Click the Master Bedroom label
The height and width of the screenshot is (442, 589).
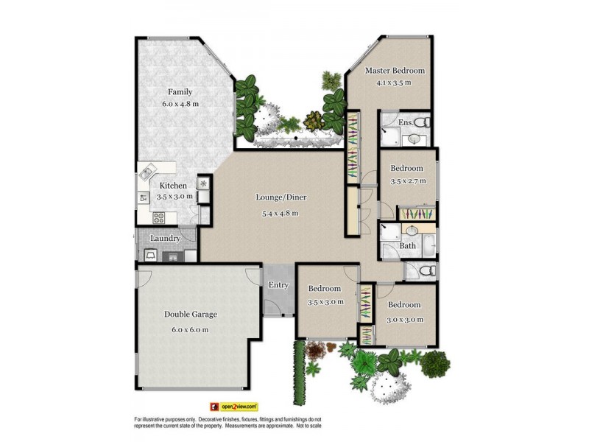coord(395,71)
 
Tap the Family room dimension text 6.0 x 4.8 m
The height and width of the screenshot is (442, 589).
coord(180,104)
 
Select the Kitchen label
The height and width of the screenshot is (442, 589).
coord(174,186)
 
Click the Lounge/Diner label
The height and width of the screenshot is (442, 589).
coord(281,197)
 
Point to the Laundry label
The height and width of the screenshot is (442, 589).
coord(166,238)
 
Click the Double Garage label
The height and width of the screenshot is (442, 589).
coord(191,314)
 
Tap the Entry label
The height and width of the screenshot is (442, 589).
coord(279,285)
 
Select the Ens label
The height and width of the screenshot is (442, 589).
coord(405,122)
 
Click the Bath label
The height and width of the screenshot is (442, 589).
coord(408,246)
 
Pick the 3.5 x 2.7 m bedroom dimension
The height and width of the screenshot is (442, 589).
coord(408,180)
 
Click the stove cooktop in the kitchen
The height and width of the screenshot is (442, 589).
coord(158,217)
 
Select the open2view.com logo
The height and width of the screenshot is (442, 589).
coord(234,406)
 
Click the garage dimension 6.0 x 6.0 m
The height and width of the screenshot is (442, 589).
coord(191,329)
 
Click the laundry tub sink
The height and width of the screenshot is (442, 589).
coord(150,256)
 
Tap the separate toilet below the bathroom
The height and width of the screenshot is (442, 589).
coord(423,272)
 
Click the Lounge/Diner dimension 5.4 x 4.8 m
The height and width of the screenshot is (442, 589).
coord(281,214)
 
